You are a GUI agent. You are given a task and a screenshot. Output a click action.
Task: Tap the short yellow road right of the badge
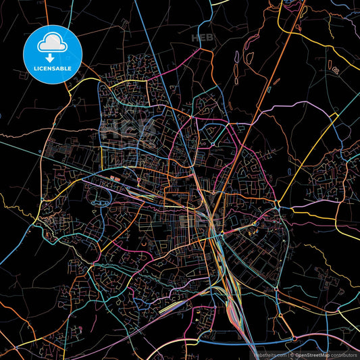[88, 80]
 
